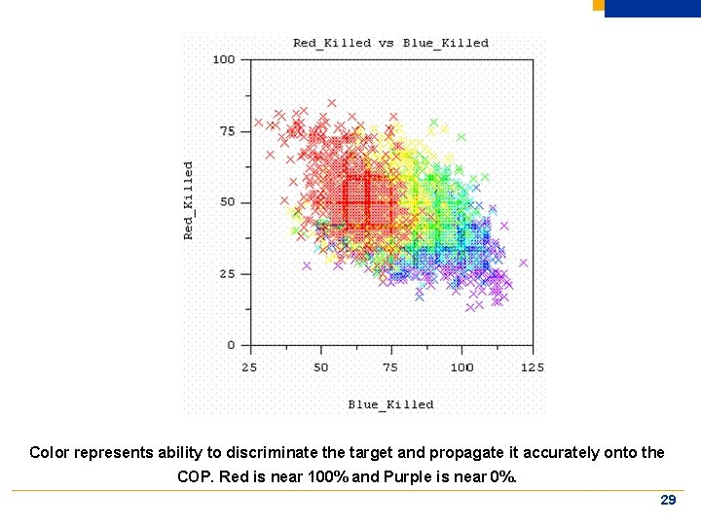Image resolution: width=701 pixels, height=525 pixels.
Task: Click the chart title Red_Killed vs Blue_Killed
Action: [390, 43]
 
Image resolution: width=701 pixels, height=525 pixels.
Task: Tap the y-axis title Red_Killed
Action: [189, 200]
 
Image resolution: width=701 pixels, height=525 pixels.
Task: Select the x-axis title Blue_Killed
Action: [390, 404]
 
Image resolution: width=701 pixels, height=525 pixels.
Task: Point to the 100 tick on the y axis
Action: [224, 60]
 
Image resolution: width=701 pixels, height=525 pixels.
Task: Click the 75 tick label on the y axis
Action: [227, 131]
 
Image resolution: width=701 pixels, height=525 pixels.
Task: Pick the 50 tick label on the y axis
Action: [227, 202]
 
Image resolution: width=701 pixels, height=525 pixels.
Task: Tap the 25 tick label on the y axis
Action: [227, 274]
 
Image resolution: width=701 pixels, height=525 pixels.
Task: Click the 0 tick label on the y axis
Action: [232, 345]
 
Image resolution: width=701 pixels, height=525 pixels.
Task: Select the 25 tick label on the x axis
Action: [250, 367]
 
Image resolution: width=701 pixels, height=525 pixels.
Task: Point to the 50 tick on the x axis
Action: [320, 367]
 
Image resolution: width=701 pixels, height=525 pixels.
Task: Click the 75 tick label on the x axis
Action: [390, 367]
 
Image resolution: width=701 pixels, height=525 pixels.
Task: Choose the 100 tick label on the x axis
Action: [461, 367]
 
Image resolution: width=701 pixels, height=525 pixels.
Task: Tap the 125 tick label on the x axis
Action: [532, 367]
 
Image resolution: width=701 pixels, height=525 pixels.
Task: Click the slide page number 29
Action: [668, 500]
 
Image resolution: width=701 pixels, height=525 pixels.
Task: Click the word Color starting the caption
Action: [49, 452]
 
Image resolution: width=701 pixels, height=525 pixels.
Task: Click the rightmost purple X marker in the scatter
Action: [523, 262]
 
